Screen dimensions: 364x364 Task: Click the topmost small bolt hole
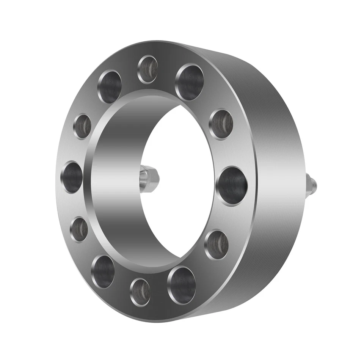coord(147,69)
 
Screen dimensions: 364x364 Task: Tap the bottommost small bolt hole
coord(140,292)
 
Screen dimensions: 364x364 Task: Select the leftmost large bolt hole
coord(72,177)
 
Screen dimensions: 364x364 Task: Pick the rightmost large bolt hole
coord(232,186)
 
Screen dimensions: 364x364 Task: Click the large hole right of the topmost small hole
coord(190,82)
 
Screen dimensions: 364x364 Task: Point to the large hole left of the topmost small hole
coord(110,87)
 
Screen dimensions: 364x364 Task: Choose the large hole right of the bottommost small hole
coord(182,285)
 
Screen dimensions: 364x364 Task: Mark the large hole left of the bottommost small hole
coord(103,271)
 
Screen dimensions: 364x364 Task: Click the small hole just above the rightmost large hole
coord(221,124)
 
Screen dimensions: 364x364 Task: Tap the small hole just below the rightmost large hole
coord(217,245)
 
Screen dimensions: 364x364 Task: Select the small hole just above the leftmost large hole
coord(82,126)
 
